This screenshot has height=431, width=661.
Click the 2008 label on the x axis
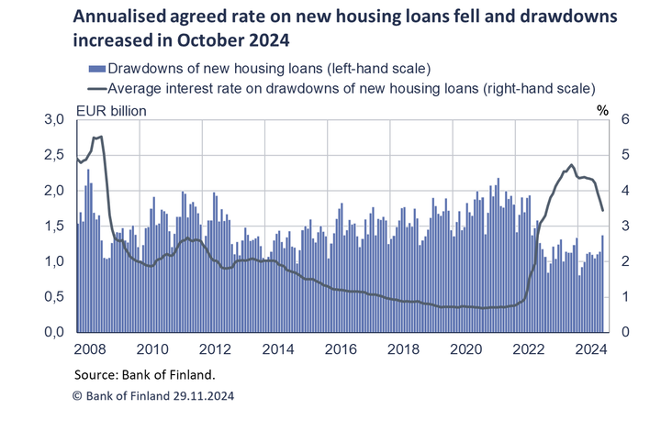click(88, 349)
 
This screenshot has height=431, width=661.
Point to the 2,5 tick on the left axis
click(54, 155)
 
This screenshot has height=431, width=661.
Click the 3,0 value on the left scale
click(54, 120)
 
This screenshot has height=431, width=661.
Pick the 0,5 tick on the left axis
click(54, 297)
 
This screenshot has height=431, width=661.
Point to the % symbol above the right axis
click(602, 111)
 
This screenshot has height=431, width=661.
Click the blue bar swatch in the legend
click(96, 69)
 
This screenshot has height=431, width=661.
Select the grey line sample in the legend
click(96, 89)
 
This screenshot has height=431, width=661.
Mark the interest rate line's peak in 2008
click(99, 137)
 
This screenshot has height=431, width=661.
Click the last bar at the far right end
click(602, 283)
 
